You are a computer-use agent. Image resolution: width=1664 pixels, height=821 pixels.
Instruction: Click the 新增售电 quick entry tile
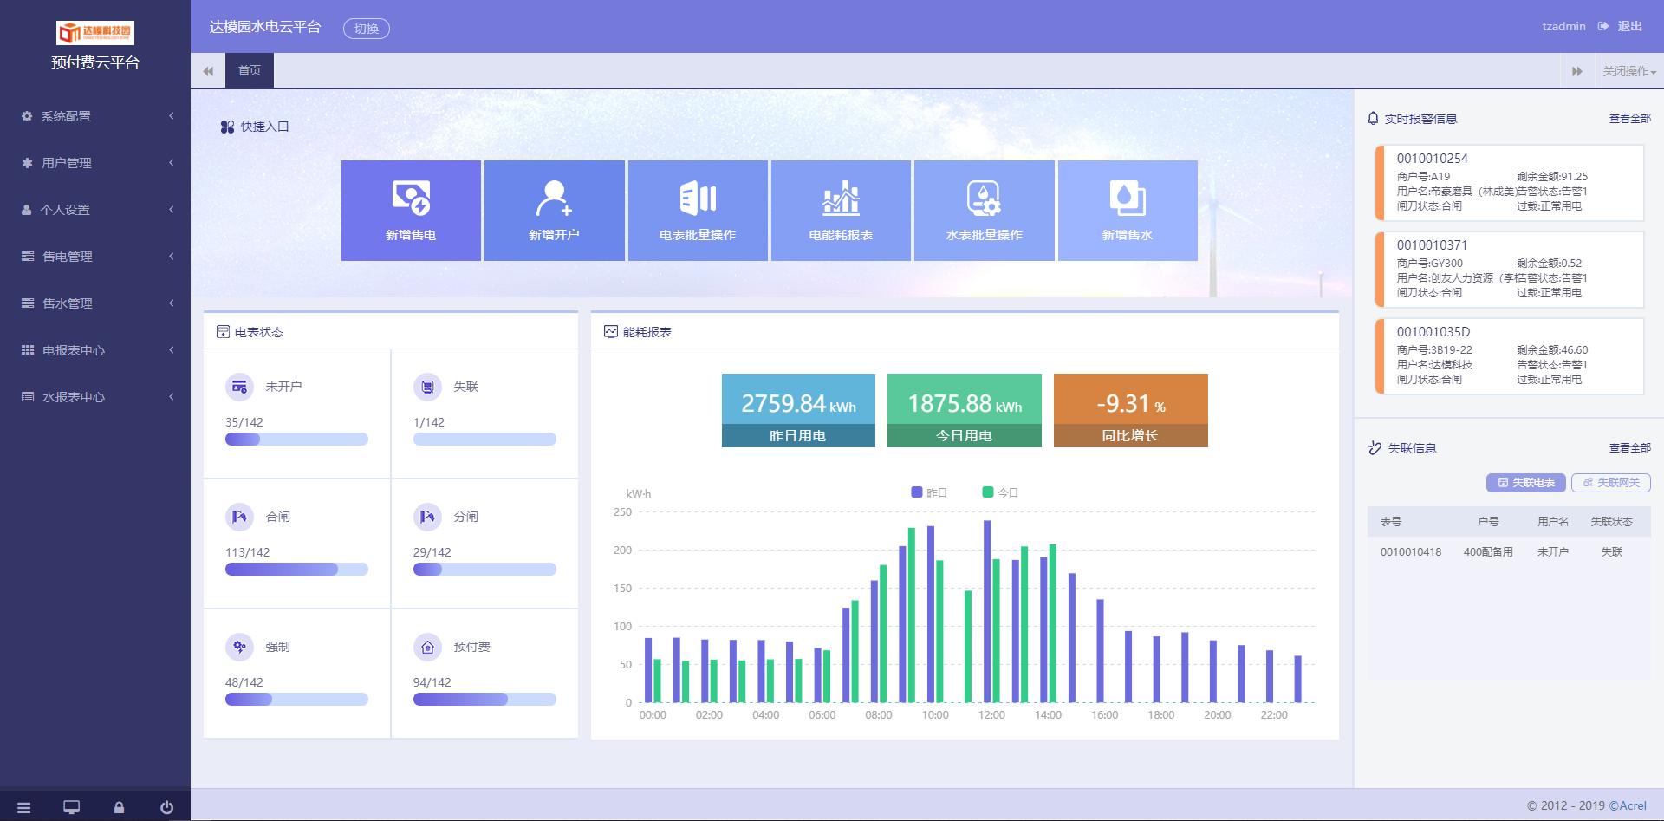411,211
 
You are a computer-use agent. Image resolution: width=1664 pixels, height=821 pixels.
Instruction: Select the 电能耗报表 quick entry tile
841,211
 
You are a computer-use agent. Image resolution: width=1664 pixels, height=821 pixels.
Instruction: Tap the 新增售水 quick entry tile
1127,211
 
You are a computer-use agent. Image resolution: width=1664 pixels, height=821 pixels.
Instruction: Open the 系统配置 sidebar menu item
66,116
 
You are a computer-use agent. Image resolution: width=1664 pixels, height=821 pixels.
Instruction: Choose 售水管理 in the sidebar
68,303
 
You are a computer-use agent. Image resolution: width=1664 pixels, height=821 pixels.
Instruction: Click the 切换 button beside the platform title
367,29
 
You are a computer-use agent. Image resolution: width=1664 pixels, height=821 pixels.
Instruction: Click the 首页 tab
250,70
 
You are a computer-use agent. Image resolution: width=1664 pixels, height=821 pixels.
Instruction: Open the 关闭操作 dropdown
1628,71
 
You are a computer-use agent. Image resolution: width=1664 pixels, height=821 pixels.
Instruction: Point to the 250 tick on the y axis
622,512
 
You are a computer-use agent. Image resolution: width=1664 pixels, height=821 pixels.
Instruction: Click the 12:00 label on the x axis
991,715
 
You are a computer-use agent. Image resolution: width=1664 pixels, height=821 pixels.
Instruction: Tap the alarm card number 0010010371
1432,245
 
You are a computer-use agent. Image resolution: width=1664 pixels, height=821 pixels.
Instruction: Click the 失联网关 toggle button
1611,483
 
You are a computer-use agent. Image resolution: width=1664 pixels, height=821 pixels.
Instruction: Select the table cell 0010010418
1411,552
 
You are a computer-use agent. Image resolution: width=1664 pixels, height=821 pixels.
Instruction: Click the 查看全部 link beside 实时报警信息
1629,119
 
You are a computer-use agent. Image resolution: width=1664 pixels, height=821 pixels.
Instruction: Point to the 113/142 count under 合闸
248,552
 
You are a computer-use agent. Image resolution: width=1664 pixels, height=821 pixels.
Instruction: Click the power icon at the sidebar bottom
166,808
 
